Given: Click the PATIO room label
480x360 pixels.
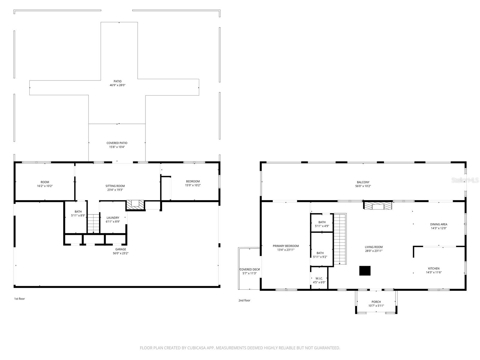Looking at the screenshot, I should (117, 81).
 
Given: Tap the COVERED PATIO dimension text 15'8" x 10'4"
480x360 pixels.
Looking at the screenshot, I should (117, 147).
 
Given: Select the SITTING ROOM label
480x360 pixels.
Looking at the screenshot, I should (115, 186).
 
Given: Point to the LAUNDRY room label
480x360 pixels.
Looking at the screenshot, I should (113, 218).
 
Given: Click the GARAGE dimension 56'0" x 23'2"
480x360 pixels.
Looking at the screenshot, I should (121, 253).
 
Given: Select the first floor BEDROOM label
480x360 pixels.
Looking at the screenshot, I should (193, 181).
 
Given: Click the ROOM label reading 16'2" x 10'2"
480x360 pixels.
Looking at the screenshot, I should (45, 182).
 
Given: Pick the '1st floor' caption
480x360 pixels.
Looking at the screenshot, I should (19, 299).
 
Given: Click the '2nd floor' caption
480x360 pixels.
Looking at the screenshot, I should (244, 300).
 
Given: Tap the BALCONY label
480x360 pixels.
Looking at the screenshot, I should (363, 182).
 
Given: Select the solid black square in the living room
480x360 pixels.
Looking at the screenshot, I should (365, 271).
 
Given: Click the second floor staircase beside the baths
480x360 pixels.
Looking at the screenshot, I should (340, 238).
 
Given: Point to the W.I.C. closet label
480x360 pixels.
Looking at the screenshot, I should (319, 278).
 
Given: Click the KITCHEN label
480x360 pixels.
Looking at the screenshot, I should (433, 268).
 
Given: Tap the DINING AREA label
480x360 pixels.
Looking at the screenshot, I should (439, 224).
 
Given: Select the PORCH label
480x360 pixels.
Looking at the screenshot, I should (376, 302).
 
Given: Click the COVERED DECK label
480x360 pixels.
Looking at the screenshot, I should (249, 269).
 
